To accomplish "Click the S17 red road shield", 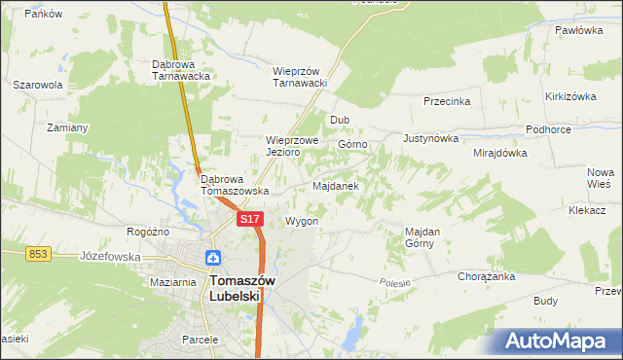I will [249, 220].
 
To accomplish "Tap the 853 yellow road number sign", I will [38, 253].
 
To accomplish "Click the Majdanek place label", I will [336, 185].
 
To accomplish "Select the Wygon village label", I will [302, 221].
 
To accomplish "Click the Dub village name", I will [340, 121].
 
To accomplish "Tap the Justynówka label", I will [429, 138].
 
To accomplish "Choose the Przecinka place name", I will [447, 101].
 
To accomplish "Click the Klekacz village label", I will [587, 209].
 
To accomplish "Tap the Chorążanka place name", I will [486, 276].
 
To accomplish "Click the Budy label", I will [546, 302].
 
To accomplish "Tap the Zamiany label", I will [68, 127].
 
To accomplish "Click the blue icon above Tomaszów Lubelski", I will [213, 259].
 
